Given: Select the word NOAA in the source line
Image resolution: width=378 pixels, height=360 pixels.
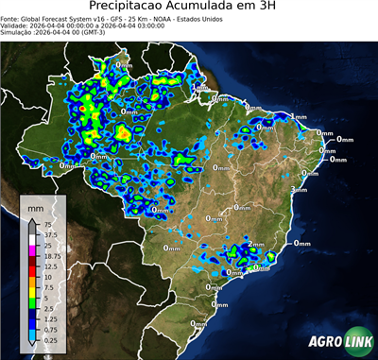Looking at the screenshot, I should (165, 19).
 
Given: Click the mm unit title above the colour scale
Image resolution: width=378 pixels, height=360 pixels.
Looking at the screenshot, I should (35, 206).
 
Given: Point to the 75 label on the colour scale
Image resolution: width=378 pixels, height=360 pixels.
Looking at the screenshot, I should (46, 225).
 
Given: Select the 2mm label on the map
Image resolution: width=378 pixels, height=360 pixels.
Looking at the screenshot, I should (256, 246).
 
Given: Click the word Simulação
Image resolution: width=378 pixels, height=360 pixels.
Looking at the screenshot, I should (17, 33).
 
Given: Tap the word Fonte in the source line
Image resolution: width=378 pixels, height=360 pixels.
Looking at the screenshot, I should (12, 19).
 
